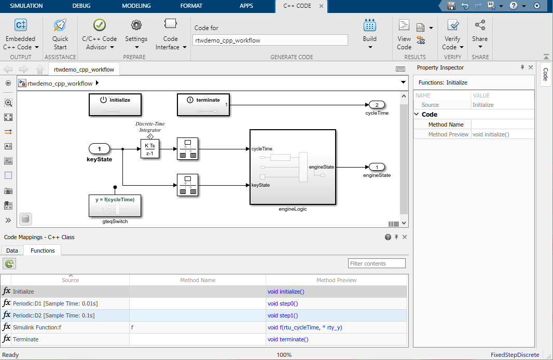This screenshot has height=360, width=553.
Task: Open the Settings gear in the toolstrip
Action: (136, 25)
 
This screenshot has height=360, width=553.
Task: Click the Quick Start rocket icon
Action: (60, 25)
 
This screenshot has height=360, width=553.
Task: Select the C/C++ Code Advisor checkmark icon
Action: (100, 25)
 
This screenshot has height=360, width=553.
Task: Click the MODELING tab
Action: (136, 6)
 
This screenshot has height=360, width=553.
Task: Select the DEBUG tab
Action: (81, 6)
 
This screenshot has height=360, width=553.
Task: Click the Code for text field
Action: (270, 40)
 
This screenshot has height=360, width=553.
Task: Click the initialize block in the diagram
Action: (115, 105)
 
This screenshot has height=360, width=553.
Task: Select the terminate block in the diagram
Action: (203, 105)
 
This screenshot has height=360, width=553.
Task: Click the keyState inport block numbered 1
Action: (100, 149)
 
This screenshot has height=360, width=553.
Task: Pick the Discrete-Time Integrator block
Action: (150, 149)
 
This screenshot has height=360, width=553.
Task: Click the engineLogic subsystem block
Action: (293, 167)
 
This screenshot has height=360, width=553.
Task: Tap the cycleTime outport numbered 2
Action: (377, 105)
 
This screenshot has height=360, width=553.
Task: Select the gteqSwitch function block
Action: (115, 206)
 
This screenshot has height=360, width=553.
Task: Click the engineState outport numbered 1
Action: (377, 167)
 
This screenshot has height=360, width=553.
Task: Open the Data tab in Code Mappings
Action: (12, 251)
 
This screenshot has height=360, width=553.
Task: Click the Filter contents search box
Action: (377, 264)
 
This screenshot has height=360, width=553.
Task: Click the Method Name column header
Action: (198, 280)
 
